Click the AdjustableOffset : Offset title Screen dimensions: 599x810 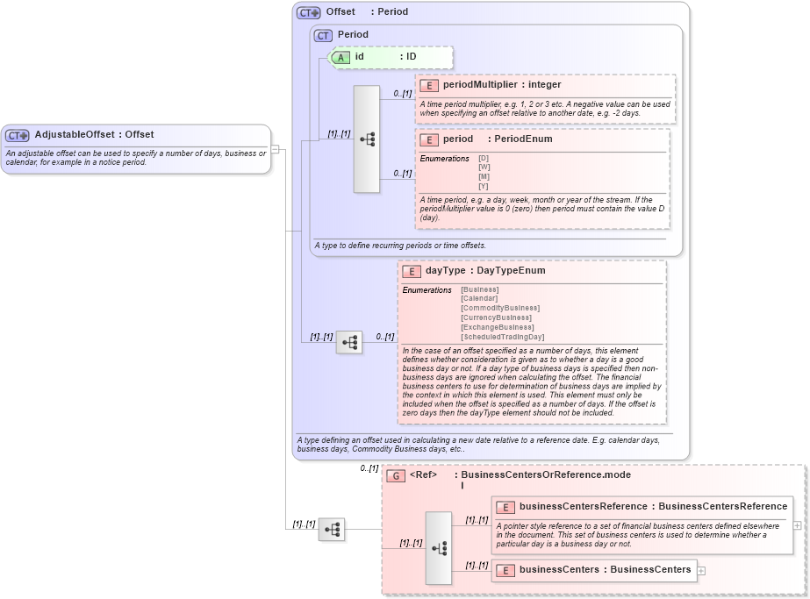pos(94,135)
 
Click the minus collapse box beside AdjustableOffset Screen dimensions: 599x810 pos(275,149)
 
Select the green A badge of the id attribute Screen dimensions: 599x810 pos(340,57)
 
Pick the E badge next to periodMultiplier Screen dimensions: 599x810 pos(429,85)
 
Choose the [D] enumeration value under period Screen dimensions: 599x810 pos(484,158)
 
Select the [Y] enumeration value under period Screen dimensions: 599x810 pos(484,186)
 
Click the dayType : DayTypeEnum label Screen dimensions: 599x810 pos(485,271)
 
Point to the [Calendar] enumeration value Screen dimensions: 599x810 pos(479,298)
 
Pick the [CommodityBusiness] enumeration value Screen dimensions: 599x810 pos(500,308)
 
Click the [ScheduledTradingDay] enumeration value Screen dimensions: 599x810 pos(502,337)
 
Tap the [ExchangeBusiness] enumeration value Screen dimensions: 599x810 pos(497,327)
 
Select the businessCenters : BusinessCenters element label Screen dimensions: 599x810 pos(605,570)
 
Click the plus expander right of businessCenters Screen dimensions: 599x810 pos(701,570)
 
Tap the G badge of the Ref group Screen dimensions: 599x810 pos(396,475)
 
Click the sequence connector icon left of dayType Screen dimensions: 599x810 pos(348,342)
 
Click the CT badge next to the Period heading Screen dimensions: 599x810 pos(324,35)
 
